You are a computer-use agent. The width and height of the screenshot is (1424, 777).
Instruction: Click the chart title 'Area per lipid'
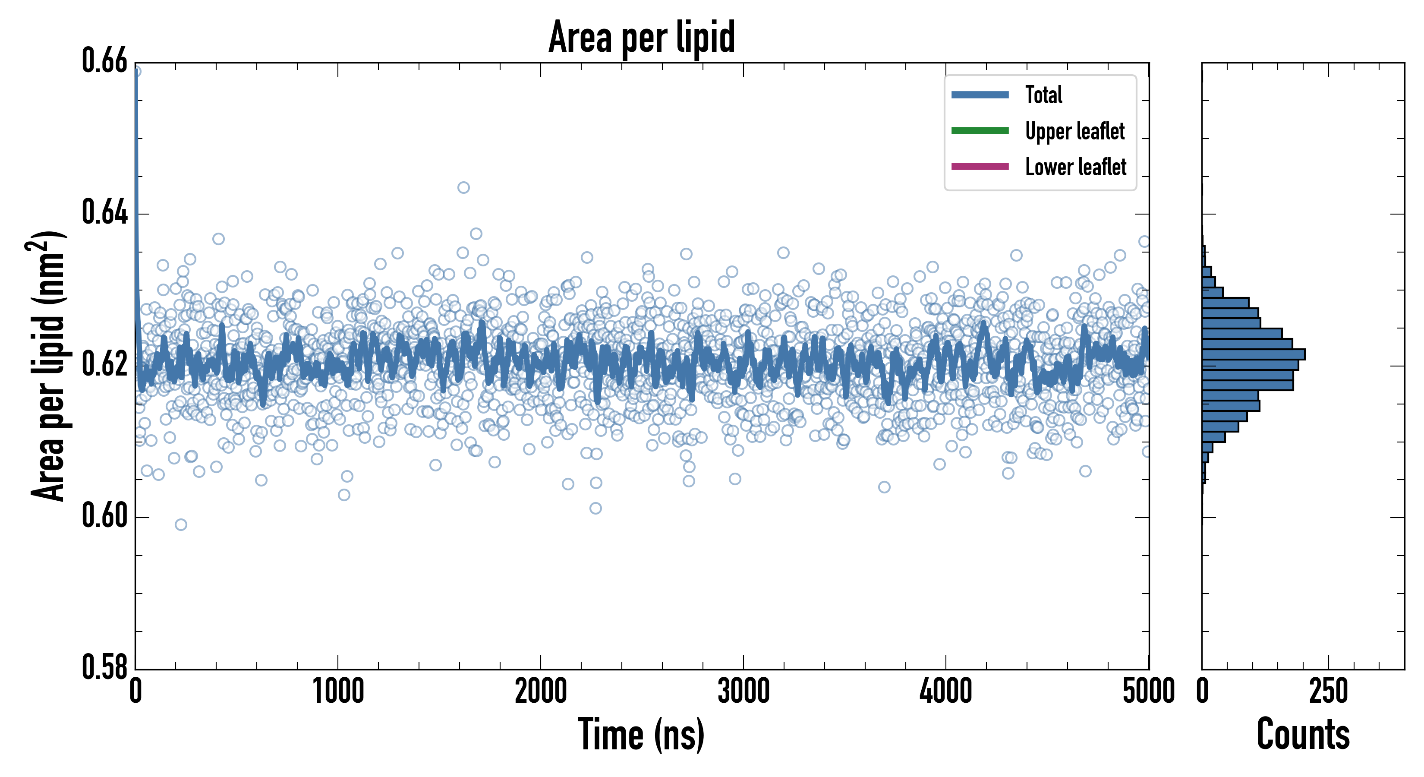point(641,38)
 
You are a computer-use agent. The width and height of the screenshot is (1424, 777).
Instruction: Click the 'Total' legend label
point(1043,95)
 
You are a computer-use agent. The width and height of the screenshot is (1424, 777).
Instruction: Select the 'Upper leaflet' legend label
point(1074,131)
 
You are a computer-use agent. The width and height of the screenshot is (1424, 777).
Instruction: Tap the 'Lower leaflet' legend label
point(1075,167)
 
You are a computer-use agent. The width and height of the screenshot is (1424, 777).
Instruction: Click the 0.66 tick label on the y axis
point(104,61)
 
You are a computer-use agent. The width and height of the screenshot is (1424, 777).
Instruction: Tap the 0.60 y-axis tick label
point(104,516)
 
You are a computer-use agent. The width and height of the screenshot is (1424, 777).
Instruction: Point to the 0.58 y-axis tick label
point(104,667)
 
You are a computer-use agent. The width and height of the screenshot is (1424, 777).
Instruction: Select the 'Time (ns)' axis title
point(641,734)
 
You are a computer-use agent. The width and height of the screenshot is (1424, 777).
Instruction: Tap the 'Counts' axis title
point(1303,734)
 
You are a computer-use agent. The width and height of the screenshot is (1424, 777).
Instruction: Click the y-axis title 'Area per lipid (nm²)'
point(47,366)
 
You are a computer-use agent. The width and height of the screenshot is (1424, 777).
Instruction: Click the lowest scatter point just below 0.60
point(181,525)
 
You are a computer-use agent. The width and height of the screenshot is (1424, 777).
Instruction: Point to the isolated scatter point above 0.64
point(463,187)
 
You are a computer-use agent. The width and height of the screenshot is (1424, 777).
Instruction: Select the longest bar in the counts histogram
point(1253,354)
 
